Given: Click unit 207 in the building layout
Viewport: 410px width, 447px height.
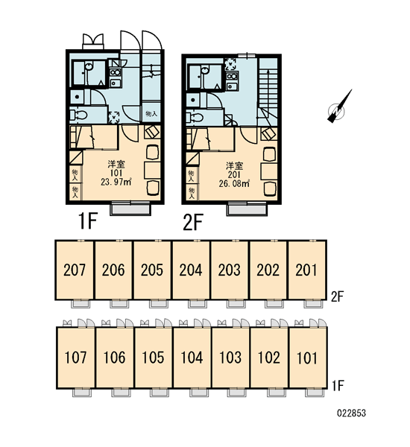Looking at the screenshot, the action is (75, 270).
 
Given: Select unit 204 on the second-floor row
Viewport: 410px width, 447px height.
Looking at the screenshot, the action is (191, 270).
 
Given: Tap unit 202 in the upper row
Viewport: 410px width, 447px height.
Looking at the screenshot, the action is (268, 270).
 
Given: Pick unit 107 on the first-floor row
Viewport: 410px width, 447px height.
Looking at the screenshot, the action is (75, 358).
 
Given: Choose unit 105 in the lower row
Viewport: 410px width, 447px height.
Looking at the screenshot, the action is (154, 358).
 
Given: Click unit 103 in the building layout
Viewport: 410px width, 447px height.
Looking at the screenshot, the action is (230, 358).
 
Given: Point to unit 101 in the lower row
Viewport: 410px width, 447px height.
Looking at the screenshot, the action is (308, 358).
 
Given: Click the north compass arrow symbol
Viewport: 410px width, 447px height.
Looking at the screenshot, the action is (339, 107).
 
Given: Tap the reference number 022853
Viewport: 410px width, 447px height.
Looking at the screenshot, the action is (352, 413).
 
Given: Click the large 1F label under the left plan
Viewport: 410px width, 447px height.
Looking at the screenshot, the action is (88, 221).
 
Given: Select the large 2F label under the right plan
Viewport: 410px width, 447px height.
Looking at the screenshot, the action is (193, 223).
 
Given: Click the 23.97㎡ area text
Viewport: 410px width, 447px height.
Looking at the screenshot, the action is (116, 182).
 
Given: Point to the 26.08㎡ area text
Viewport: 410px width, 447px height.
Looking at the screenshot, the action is (234, 183).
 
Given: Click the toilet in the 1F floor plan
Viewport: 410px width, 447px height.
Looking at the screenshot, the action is (78, 115).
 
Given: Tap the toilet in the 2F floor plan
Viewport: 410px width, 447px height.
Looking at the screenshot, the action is (195, 117).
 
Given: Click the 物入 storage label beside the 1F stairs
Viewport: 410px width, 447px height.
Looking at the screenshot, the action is (151, 114).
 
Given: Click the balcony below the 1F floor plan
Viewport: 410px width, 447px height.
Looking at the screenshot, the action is (130, 208).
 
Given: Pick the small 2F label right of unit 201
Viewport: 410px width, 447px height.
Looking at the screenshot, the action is (337, 297).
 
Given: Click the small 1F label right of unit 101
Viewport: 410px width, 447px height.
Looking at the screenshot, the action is (338, 386).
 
